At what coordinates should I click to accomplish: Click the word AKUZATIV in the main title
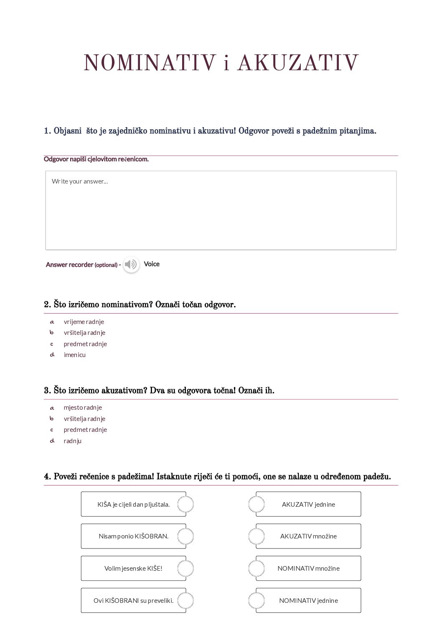(298, 63)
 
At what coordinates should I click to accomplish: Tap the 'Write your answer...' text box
(221, 210)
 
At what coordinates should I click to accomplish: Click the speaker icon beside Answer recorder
(131, 264)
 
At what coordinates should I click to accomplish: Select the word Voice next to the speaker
(152, 264)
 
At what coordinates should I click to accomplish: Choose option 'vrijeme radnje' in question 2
(84, 321)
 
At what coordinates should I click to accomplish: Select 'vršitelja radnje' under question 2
(84, 333)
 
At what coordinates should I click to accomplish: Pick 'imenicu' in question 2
(74, 355)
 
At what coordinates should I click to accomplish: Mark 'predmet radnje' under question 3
(85, 429)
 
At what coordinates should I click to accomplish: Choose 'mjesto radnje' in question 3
(83, 408)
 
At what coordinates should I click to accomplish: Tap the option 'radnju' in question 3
(72, 441)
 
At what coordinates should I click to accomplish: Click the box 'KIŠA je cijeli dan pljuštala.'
(133, 504)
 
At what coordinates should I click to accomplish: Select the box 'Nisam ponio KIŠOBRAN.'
(133, 536)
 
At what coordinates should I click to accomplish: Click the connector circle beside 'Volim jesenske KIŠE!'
(185, 568)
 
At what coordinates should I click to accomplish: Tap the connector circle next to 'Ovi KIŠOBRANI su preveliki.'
(185, 600)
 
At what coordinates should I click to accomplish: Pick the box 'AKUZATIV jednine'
(308, 504)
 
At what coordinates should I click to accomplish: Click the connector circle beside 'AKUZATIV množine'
(256, 536)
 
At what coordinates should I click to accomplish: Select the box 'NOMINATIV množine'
(308, 568)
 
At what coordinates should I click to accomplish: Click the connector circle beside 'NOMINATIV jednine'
(256, 600)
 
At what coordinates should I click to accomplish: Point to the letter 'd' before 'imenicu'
(52, 355)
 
